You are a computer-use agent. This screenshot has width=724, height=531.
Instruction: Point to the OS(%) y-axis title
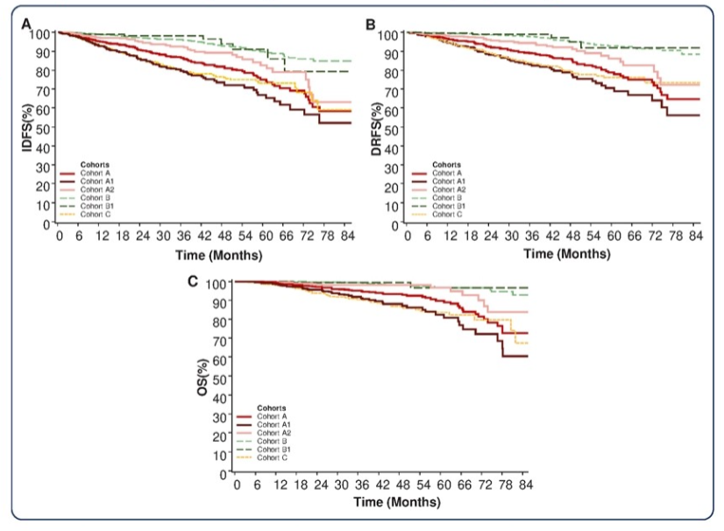click(202, 379)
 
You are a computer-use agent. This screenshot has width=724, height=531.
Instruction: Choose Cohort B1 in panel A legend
click(94, 207)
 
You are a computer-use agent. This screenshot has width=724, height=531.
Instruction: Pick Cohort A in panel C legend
click(271, 416)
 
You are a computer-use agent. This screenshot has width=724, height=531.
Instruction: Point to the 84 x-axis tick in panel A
click(348, 237)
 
